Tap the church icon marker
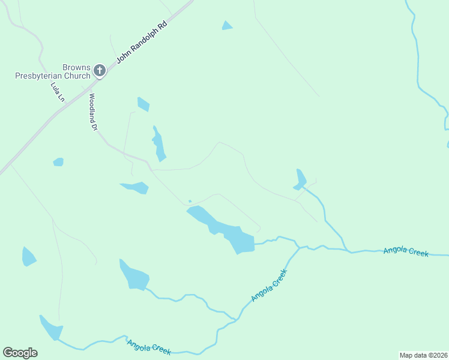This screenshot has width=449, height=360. pyautogui.click(x=100, y=71)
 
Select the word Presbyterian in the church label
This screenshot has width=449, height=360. pyautogui.click(x=53, y=76)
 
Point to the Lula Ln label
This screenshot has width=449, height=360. pyautogui.click(x=56, y=92)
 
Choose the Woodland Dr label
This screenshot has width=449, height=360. pyautogui.click(x=93, y=112)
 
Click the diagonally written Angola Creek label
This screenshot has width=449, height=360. pyautogui.click(x=270, y=285)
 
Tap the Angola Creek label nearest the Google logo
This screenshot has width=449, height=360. pyautogui.click(x=149, y=346)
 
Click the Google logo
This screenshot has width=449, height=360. pyautogui.click(x=20, y=353)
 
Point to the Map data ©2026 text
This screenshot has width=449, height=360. pyautogui.click(x=423, y=355)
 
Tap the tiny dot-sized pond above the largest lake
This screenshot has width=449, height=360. pyautogui.click(x=190, y=201)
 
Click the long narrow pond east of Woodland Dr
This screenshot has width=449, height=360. pyautogui.click(x=158, y=145)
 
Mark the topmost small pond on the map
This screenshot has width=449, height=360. pyautogui.click(x=227, y=25)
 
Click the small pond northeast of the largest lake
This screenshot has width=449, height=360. pyautogui.click(x=300, y=179)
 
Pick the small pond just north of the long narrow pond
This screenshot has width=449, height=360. pyautogui.click(x=143, y=104)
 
